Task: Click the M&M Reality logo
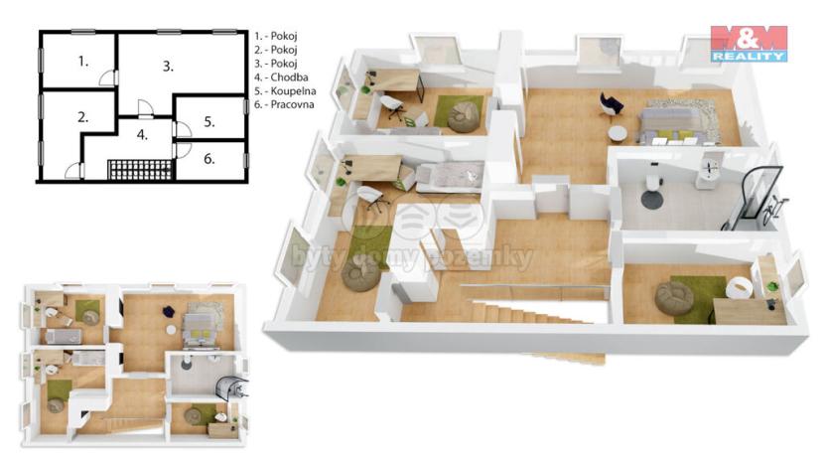(749, 44)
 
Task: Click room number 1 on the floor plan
(84, 62)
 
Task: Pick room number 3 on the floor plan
(169, 67)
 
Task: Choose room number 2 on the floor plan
(83, 116)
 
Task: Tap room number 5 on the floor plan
(208, 122)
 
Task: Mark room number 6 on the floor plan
(208, 158)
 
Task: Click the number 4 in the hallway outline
(142, 134)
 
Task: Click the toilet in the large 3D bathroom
(652, 181)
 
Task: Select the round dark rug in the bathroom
(652, 199)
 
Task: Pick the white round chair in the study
(736, 286)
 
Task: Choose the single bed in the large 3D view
(448, 177)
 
